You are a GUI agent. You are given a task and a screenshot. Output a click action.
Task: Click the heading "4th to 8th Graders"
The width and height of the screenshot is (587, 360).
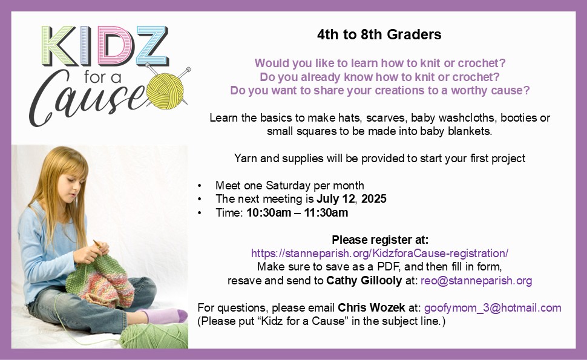[x=379, y=34]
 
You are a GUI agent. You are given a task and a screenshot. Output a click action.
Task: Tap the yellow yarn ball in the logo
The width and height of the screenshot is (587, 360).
[x=165, y=91]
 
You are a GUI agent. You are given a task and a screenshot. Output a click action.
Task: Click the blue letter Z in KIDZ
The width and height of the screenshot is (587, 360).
[x=152, y=46]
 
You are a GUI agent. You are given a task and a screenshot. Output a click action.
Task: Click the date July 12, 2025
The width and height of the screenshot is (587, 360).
[x=352, y=198]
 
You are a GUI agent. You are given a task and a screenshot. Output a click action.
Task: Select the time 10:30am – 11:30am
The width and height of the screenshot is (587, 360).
[x=297, y=212]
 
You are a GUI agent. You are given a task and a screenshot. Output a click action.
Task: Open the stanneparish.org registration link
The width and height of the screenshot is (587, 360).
[x=379, y=254]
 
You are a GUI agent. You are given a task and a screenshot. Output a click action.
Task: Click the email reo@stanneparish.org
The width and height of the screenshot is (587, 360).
[x=476, y=281]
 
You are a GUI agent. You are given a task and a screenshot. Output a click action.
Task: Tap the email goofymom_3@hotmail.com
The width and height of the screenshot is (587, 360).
[x=493, y=308]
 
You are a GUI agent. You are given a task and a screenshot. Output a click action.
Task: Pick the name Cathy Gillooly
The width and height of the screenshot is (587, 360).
[x=364, y=281]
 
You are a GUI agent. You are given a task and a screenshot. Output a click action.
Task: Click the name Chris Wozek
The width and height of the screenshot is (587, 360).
[x=372, y=307]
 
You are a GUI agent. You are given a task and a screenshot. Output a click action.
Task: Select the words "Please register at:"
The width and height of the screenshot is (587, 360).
[x=380, y=240]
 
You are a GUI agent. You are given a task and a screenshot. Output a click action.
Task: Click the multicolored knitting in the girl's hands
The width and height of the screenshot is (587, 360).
[x=100, y=279]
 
